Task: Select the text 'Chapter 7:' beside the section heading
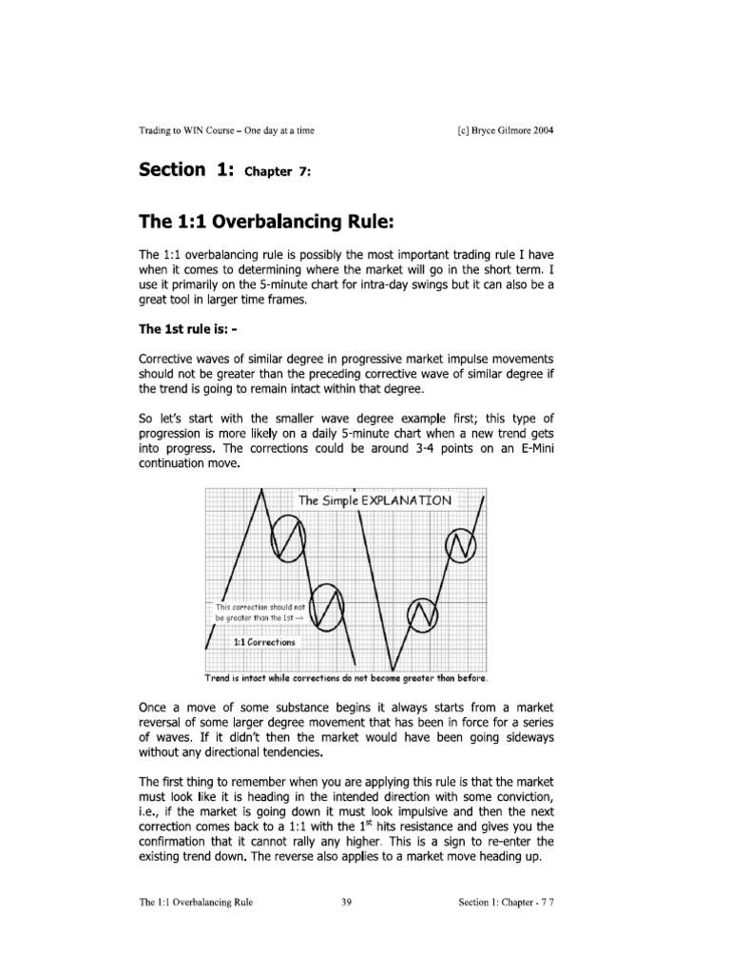click(279, 173)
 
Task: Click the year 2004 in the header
click(539, 131)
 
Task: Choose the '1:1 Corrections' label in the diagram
click(264, 642)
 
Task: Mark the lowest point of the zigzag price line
click(392, 669)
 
